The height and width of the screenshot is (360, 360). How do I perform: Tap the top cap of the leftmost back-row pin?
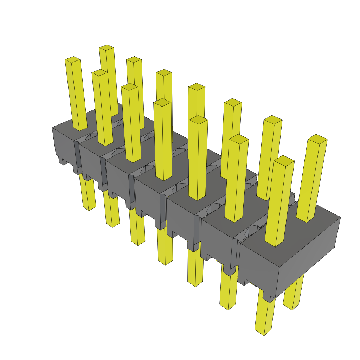[x=107, y=47]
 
